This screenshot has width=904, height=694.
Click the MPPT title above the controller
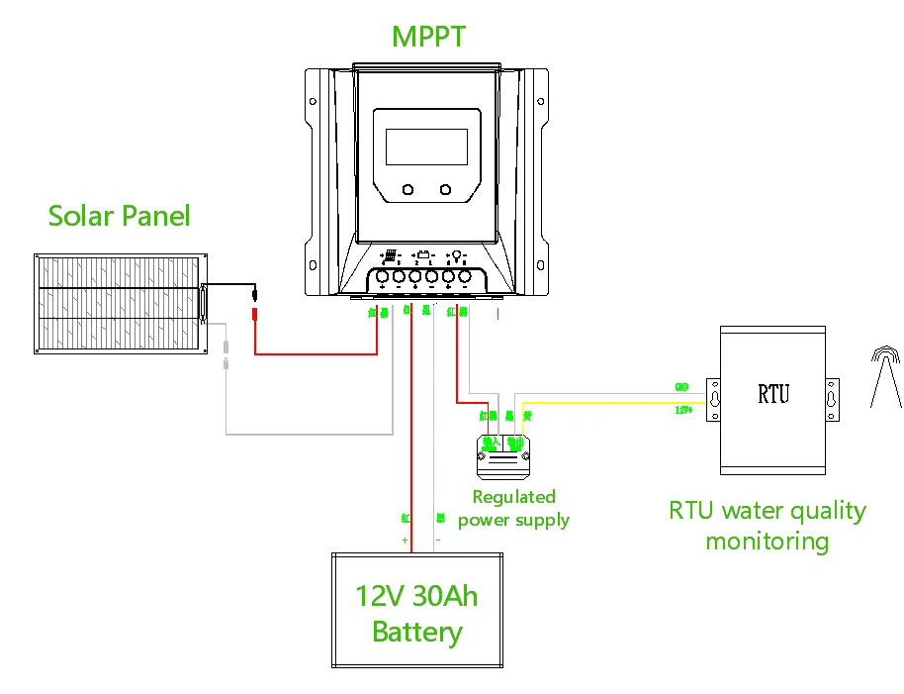point(428,37)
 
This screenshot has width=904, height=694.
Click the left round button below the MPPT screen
point(407,189)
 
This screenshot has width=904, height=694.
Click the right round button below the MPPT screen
point(445,189)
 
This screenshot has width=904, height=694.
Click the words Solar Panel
point(119,215)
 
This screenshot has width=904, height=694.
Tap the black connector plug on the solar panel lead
point(254,293)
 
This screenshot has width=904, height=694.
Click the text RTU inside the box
point(773,394)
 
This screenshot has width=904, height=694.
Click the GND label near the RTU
point(680,386)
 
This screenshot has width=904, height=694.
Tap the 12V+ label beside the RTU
point(681,408)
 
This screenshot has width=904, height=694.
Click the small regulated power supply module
point(505,454)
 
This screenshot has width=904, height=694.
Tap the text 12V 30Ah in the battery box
point(416,596)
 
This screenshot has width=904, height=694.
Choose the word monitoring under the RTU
point(767,542)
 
